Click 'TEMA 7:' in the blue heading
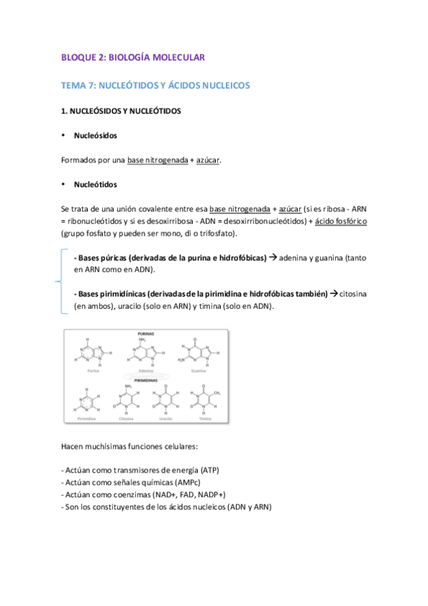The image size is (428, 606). point(78,85)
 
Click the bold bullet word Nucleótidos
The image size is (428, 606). point(95,184)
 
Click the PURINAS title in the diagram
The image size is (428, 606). point(146,334)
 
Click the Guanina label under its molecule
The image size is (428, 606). point(198,372)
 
